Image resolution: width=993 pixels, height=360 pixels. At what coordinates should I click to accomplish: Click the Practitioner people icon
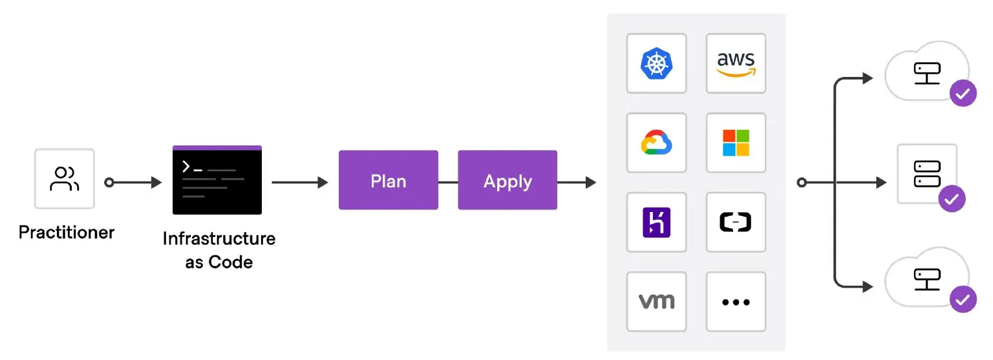pos(65,179)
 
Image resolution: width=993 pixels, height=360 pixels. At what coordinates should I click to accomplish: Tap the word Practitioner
pos(67,233)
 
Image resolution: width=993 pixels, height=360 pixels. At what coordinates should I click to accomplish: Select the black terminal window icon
pos(217,180)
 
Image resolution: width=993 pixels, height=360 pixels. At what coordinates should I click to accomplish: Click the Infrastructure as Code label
pos(219,251)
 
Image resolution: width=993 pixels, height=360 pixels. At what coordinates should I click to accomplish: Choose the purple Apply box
pos(507,180)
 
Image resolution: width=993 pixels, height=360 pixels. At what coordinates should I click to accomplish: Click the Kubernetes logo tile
pos(656,63)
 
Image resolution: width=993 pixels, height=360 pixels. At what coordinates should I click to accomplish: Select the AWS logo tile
pos(736,63)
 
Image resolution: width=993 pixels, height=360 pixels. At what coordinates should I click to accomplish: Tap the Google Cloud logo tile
pos(656,143)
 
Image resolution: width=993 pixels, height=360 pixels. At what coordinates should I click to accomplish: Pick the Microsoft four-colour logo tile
pos(736,143)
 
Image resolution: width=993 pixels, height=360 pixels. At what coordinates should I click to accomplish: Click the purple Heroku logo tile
pos(656,222)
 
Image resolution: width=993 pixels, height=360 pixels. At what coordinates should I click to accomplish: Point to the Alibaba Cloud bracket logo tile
pos(736,222)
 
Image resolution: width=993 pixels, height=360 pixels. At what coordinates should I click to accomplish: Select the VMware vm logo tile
pos(656,301)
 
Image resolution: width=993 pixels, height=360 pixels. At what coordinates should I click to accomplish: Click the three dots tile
pos(736,301)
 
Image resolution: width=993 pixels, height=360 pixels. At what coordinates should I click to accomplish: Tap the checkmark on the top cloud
pos(963,94)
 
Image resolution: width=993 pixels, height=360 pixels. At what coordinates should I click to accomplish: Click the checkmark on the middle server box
pos(951,200)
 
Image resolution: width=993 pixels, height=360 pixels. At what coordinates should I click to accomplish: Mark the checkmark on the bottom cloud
pos(963,299)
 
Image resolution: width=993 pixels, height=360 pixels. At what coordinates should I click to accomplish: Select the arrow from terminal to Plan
pos(300,183)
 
